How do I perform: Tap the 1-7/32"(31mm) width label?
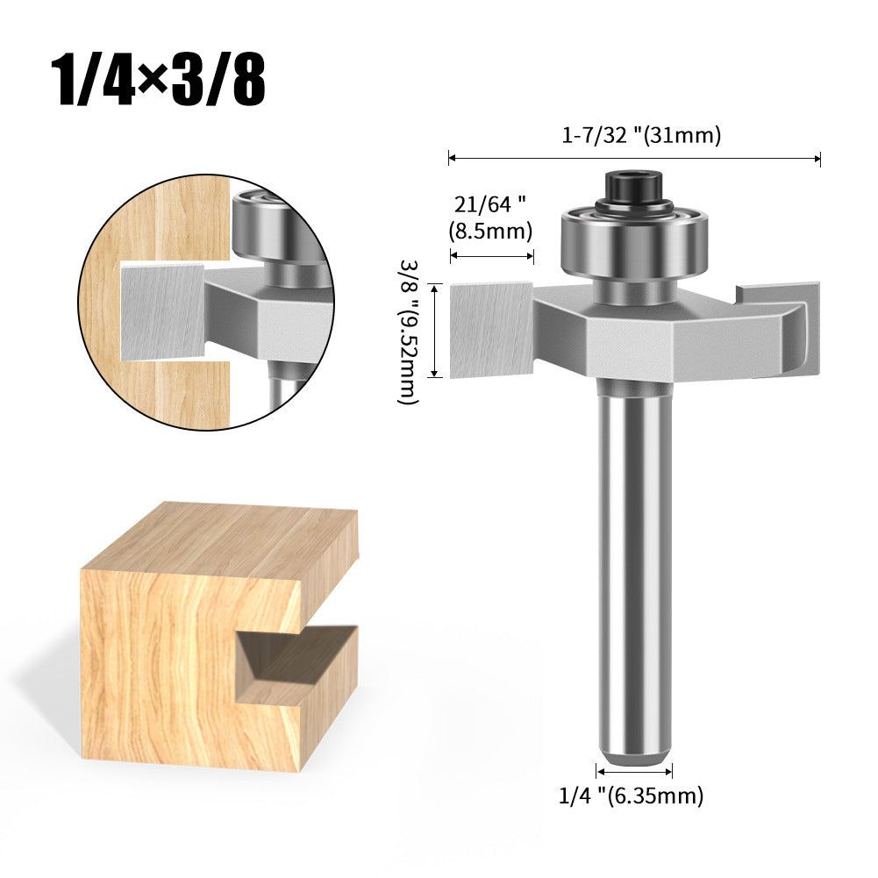point(641,135)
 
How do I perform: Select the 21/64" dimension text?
point(491,203)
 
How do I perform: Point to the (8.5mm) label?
point(492,232)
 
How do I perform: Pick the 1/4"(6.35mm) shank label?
point(631,796)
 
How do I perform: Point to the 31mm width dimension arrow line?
point(634,159)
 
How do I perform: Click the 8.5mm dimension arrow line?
point(491,256)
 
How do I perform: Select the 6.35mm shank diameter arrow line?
point(633,772)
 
